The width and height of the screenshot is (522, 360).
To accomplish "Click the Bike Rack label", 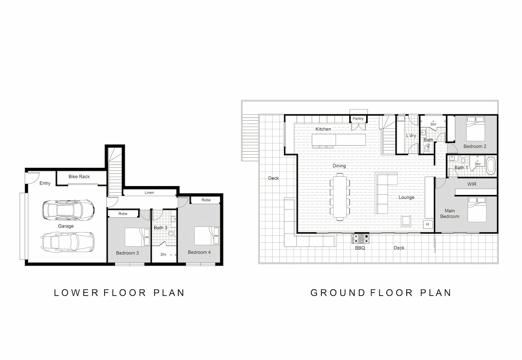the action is [79, 177].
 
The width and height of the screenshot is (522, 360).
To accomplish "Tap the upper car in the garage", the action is [68, 210].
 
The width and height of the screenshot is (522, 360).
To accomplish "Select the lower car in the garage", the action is [68, 242].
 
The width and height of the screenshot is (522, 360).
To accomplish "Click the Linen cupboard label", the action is [149, 193].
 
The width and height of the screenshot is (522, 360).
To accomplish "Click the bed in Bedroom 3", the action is [137, 237].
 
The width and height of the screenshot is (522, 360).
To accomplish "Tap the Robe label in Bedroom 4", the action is [206, 200].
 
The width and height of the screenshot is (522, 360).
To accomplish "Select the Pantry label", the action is [358, 118].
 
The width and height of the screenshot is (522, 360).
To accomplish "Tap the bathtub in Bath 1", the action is [491, 165].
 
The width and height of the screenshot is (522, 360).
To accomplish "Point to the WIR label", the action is [472, 184].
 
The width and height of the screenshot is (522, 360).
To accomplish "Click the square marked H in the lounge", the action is [428, 224].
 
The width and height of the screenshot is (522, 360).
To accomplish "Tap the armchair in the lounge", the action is [406, 221].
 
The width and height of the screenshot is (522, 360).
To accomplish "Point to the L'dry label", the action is [411, 136].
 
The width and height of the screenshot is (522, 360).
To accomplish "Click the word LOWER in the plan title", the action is [76, 293].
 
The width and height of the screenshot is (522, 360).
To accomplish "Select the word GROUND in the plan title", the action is [338, 293].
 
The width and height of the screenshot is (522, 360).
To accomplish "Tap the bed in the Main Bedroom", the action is [477, 209].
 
